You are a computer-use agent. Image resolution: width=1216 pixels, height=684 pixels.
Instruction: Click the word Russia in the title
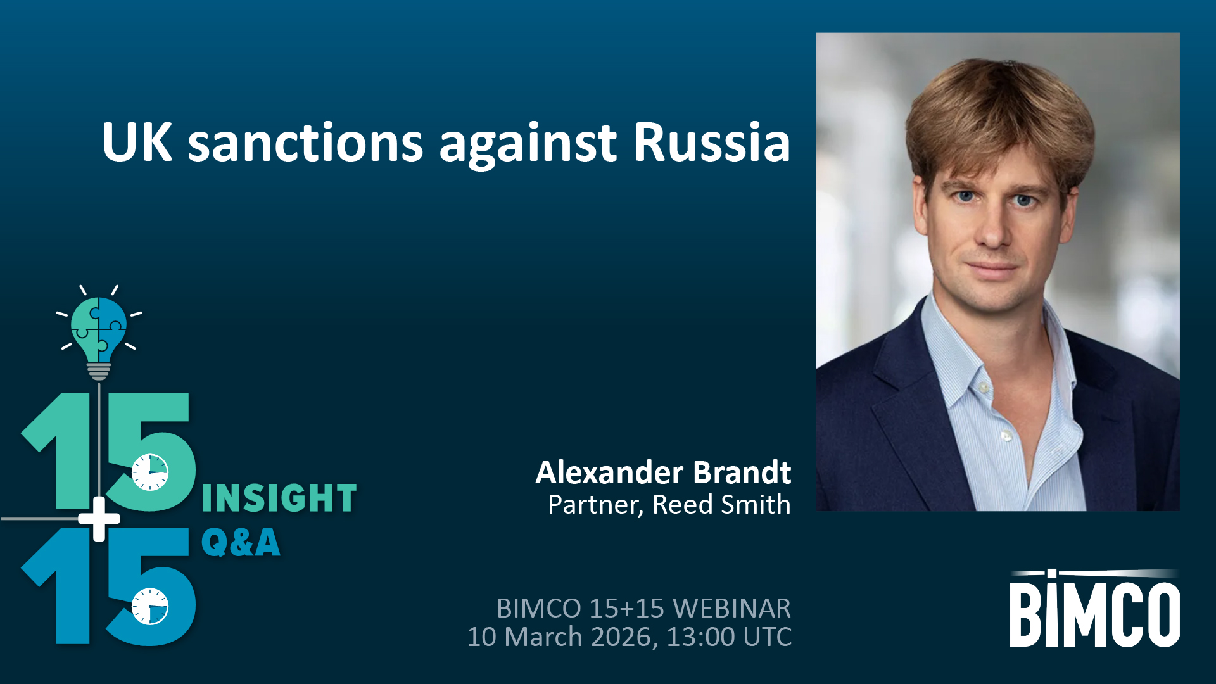(x=712, y=142)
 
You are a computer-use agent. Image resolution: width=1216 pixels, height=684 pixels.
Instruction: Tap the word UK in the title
(x=137, y=142)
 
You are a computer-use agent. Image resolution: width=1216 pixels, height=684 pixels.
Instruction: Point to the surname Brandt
(x=742, y=472)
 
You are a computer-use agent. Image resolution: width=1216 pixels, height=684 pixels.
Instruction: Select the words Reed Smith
(x=721, y=505)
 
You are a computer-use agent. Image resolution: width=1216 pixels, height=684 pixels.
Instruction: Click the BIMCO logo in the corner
(x=1094, y=608)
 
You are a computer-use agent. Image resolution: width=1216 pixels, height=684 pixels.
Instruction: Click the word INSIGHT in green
(x=279, y=498)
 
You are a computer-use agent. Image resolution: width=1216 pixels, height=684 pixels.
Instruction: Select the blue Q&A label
(x=241, y=543)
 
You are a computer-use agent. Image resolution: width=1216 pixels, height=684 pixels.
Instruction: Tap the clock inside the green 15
(x=150, y=472)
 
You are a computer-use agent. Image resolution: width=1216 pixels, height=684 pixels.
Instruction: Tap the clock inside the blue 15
(x=150, y=606)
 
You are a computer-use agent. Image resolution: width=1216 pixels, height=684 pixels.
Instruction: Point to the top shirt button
(x=984, y=386)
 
